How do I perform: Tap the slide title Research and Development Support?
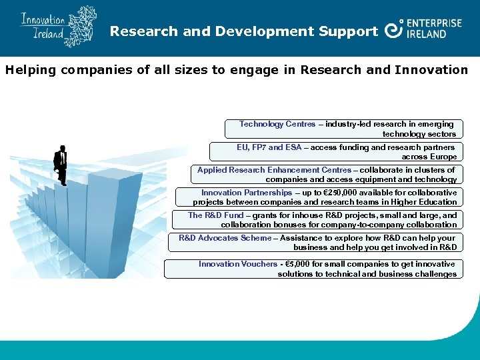click(244, 31)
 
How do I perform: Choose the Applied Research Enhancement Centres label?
click(274, 170)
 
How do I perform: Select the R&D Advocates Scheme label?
click(225, 238)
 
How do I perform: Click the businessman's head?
click(62, 149)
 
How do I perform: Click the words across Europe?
click(429, 157)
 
